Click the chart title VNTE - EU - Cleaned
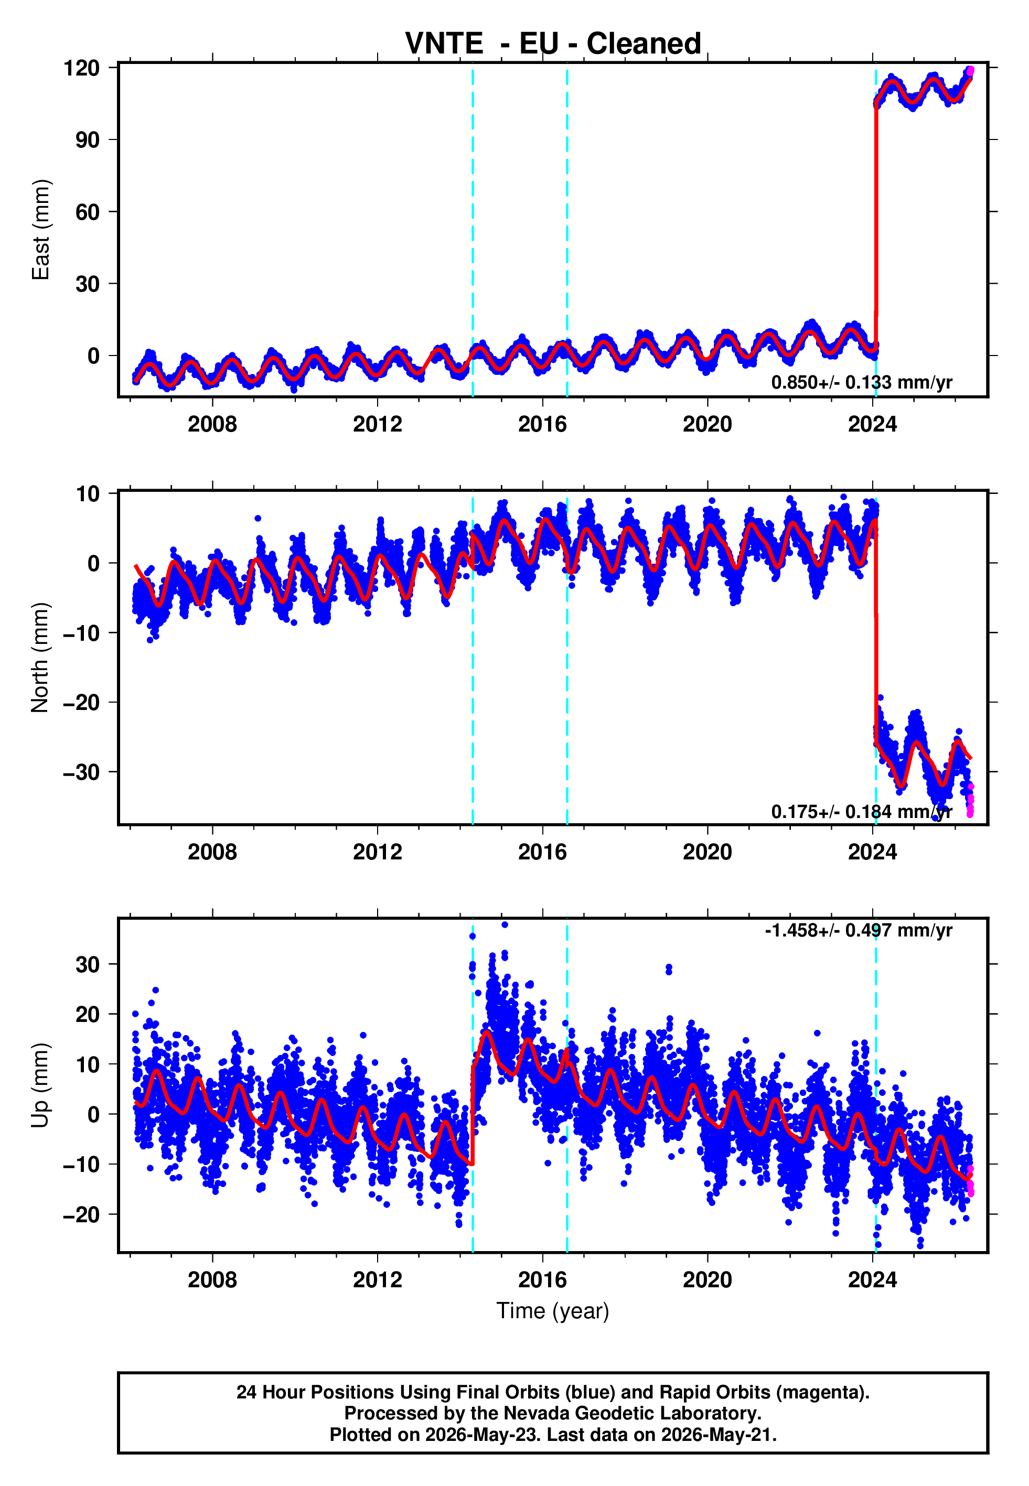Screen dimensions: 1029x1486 click(553, 44)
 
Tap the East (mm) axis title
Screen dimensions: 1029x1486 click(40, 230)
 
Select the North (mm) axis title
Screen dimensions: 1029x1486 click(40, 658)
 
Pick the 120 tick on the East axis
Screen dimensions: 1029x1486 click(81, 68)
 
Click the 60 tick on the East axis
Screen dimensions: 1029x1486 click(88, 211)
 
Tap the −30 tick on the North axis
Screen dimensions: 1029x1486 click(81, 771)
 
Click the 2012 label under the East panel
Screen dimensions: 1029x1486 click(377, 424)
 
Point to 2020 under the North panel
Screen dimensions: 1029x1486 click(708, 852)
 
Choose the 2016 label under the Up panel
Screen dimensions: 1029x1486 click(542, 1280)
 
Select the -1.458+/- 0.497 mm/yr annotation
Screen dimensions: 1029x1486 click(858, 931)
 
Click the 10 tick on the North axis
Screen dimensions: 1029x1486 click(88, 494)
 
